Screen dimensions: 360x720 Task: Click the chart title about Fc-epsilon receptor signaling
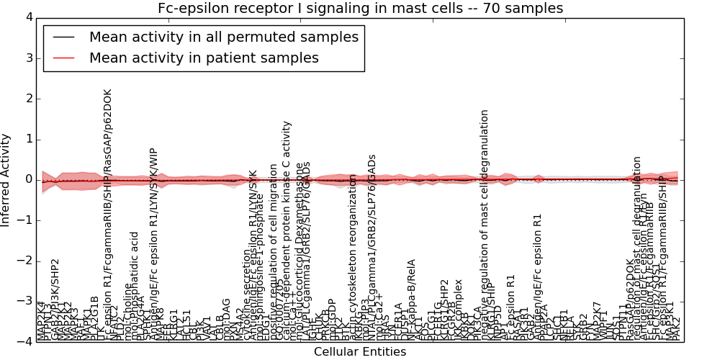pos(360,8)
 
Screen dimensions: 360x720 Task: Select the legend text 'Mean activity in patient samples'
pos(204,58)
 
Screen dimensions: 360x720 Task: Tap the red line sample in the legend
pos(62,58)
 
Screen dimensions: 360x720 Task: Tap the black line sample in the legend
pos(62,37)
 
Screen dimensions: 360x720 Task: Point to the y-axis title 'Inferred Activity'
pos(6,179)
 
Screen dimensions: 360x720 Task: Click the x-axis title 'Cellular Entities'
pos(360,352)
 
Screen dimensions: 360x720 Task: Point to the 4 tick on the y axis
pos(27,17)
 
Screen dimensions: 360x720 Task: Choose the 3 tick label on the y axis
pos(27,58)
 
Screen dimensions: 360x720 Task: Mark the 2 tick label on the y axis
pos(27,99)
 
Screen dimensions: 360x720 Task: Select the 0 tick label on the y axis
pos(27,179)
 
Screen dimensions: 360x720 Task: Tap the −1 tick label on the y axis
pos(24,220)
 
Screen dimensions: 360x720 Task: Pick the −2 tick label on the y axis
pos(24,261)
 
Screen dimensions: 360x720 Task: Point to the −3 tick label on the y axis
pos(24,301)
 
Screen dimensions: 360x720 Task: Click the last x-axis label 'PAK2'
pos(675,327)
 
